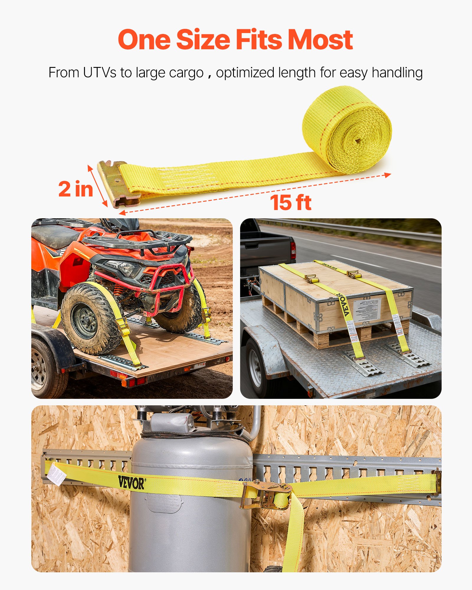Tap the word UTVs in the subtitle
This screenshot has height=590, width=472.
coord(99,73)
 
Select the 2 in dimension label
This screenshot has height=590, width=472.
coord(76,189)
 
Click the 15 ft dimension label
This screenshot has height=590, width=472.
coord(291,203)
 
